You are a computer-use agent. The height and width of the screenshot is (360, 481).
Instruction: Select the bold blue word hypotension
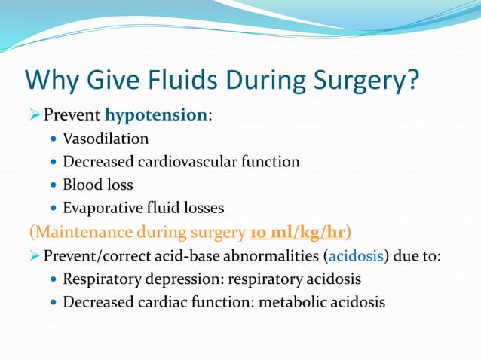tap(156, 115)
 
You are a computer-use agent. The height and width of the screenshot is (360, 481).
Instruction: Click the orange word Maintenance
tap(79, 230)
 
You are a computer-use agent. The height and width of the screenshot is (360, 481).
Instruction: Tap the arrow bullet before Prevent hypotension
tap(34, 116)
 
